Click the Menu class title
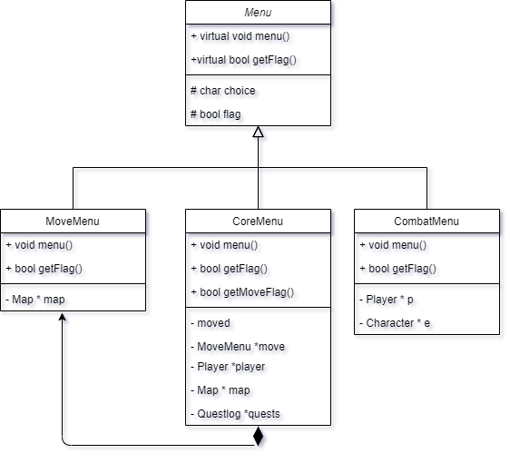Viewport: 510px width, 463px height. pyautogui.click(x=258, y=13)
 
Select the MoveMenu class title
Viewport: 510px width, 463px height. pyautogui.click(x=73, y=221)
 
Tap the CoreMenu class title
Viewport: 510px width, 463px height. pyautogui.click(x=258, y=221)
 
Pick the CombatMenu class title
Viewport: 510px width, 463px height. pyautogui.click(x=427, y=221)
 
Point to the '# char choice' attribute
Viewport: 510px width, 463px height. pyautogui.click(x=222, y=91)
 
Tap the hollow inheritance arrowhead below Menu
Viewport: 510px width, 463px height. pyautogui.click(x=259, y=133)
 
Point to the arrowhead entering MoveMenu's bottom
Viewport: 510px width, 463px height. pyautogui.click(x=63, y=319)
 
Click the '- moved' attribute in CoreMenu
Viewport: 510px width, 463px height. pyautogui.click(x=211, y=322)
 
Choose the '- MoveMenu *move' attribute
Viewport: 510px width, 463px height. pyautogui.click(x=238, y=346)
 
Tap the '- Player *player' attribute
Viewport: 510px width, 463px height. pyautogui.click(x=228, y=366)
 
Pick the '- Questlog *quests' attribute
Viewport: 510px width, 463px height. pyautogui.click(x=235, y=413)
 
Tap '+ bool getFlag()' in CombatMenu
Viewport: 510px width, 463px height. pyautogui.click(x=398, y=268)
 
